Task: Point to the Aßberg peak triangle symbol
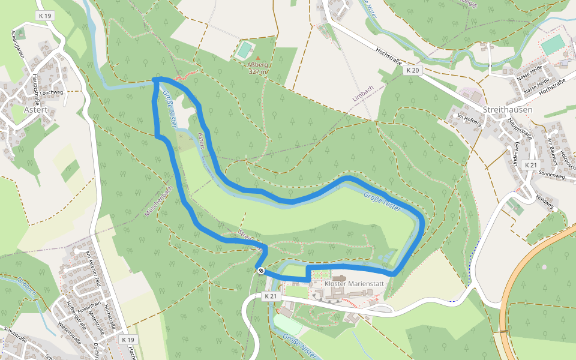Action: (259, 58)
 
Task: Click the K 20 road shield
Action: (412, 70)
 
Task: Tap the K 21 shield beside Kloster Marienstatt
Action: (271, 296)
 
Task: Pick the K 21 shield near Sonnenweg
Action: (530, 165)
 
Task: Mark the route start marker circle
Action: (261, 271)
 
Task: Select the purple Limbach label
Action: (362, 97)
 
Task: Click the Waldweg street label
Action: (545, 200)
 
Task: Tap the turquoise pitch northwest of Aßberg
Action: (244, 50)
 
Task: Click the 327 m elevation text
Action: (257, 71)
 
